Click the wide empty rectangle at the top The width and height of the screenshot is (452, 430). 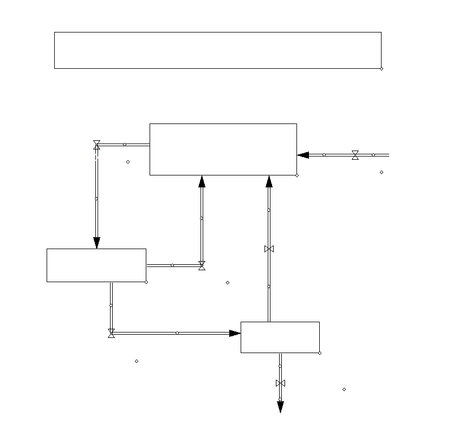tap(217, 50)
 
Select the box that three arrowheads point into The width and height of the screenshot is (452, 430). tap(223, 149)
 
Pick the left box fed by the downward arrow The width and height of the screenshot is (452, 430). tap(96, 265)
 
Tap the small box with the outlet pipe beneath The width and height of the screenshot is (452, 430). tap(280, 337)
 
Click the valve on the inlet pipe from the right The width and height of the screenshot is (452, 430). tap(355, 155)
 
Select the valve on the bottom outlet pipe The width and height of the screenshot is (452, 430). tap(280, 383)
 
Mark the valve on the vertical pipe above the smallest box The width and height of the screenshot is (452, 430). tap(269, 249)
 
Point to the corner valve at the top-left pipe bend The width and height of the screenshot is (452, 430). tap(96, 144)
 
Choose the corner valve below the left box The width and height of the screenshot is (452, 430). tap(111, 333)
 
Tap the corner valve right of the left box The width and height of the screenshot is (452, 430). tap(202, 265)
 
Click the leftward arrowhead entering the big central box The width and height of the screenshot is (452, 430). tap(303, 155)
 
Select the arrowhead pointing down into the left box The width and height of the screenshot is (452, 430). tap(96, 243)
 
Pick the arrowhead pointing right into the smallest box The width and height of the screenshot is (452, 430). tap(235, 333)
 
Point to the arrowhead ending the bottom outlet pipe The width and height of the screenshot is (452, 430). tap(280, 407)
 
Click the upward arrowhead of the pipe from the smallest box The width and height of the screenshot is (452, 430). tap(269, 181)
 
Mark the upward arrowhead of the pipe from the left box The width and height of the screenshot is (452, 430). tap(202, 181)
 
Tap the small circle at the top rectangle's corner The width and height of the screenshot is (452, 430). tap(382, 69)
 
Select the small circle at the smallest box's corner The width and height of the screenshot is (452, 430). tap(320, 353)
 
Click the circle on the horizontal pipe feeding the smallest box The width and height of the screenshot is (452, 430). tap(177, 333)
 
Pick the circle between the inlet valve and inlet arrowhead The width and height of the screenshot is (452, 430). tap(324, 155)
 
